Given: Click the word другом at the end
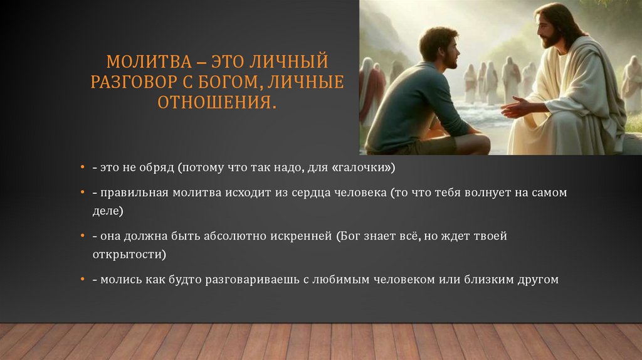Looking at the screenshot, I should pyautogui.click(x=538, y=279).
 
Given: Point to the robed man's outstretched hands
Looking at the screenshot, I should pyautogui.click(x=517, y=107).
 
